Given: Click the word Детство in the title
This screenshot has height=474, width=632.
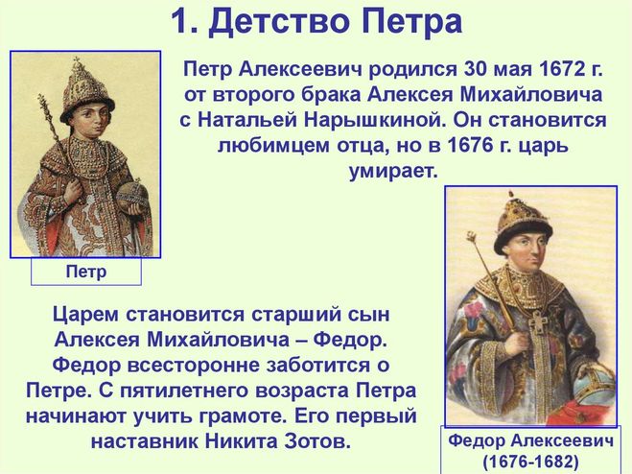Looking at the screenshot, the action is (279, 21).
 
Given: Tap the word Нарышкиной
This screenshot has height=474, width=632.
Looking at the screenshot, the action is (375, 120).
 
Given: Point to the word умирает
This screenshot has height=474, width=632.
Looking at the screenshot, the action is (393, 171).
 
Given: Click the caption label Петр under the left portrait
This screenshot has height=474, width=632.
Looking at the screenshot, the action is (86, 272).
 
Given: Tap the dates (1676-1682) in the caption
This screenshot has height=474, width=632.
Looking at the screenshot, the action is (530, 462).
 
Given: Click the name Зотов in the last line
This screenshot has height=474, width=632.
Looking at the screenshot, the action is (317, 441).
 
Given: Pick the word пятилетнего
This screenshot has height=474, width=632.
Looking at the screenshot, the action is (186, 391).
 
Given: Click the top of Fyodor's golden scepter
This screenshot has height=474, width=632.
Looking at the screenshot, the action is (472, 237).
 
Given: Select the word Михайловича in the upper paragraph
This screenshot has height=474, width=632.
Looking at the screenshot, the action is (531, 95).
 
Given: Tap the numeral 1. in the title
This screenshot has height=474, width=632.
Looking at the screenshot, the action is (184, 21).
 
